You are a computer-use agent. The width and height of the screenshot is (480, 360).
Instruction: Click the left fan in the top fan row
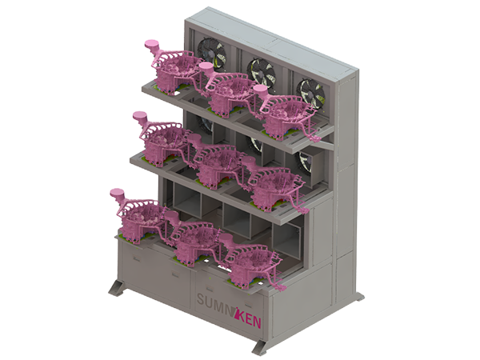point(211,54)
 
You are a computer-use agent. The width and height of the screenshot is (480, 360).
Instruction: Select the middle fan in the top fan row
point(262,72)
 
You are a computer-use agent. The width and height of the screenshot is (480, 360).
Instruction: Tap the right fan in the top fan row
point(312,93)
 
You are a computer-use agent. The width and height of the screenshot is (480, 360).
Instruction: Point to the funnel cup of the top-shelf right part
point(260,90)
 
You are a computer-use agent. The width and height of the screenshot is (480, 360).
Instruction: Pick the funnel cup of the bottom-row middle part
point(171,214)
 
